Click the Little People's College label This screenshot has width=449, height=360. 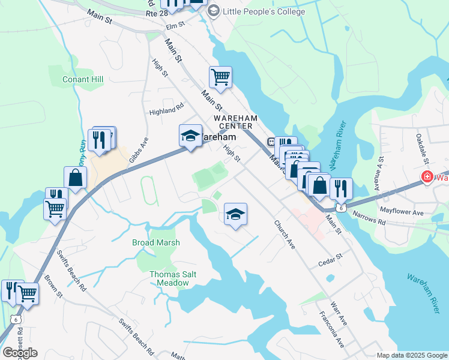coord(264,11)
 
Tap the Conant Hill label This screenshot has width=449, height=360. coord(83,79)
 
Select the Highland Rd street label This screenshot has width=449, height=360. coord(166,110)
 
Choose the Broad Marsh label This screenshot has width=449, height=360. coord(156,242)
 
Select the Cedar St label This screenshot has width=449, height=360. coord(330,259)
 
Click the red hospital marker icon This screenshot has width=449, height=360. coord(427,177)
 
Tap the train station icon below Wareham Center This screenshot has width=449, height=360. coord(271,142)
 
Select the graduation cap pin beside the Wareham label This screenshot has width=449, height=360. coord(191,136)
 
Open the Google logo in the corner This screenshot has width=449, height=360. coord(20,353)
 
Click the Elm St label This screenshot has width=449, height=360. coord(174,25)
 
